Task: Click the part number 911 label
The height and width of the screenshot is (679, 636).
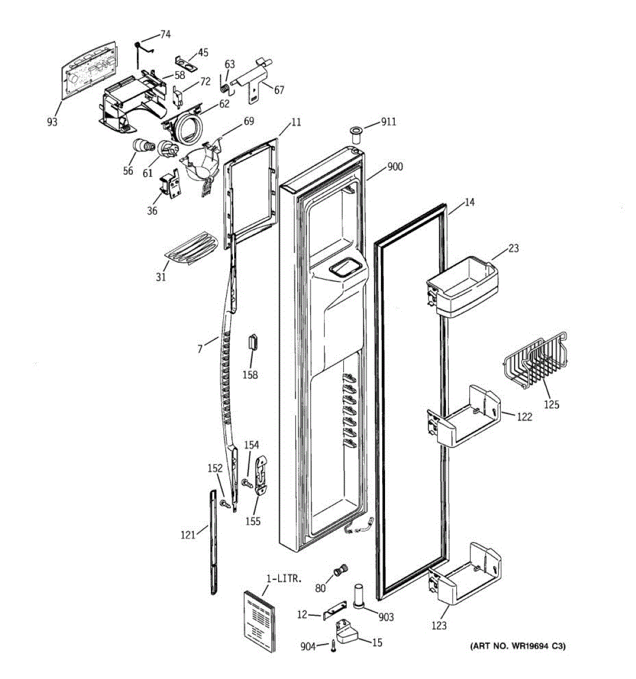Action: coord(388,122)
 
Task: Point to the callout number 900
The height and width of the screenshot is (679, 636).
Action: coord(395,167)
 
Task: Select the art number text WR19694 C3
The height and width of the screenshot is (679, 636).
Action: coord(517,646)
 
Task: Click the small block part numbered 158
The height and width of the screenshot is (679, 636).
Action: coord(252,342)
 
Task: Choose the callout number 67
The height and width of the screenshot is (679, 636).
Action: coord(279,90)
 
